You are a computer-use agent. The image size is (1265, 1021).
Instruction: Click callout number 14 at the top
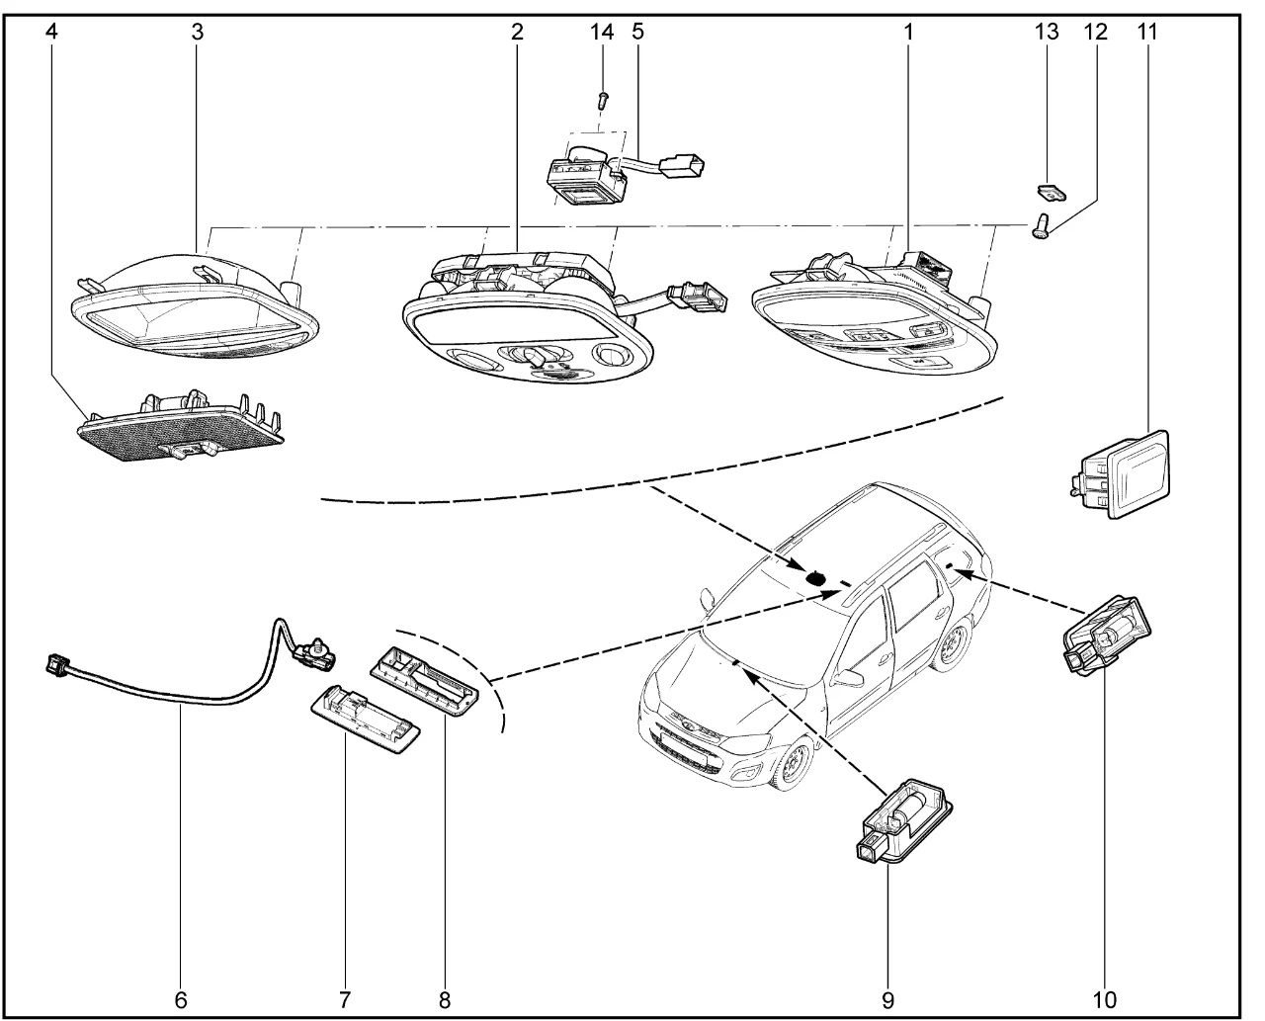tap(602, 31)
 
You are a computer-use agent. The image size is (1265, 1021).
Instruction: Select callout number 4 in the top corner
tap(51, 31)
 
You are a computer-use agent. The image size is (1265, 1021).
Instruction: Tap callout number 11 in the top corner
tap(1146, 31)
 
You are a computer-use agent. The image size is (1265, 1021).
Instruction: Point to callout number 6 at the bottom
tap(181, 998)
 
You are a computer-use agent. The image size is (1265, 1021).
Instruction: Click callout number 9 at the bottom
tap(886, 998)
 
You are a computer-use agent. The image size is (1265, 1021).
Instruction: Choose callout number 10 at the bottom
tap(1105, 998)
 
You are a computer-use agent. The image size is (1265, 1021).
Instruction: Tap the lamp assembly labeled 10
tap(1107, 633)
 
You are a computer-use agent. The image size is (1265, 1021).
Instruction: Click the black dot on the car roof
tap(816, 577)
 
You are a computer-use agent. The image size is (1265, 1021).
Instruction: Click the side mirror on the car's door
tap(848, 677)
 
